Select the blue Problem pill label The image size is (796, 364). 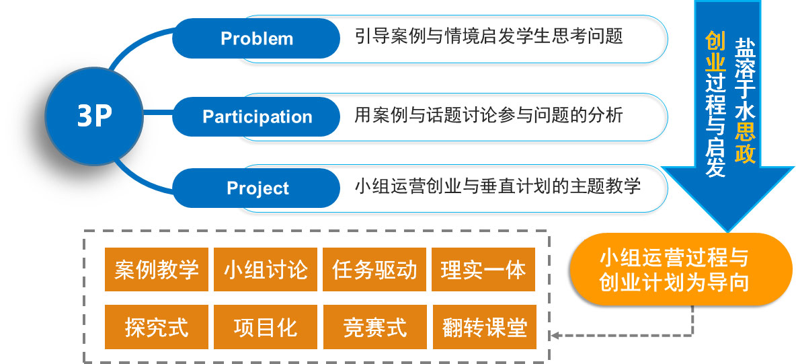click(x=256, y=38)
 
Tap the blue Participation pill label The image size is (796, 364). click(x=257, y=116)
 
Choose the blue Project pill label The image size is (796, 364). click(x=257, y=188)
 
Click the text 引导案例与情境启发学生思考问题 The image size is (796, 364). click(x=489, y=36)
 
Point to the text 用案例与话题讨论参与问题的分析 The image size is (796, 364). click(x=489, y=115)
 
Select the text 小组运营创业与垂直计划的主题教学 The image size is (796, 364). click(x=497, y=185)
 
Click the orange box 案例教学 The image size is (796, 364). click(x=157, y=270)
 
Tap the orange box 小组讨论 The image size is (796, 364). click(x=266, y=270)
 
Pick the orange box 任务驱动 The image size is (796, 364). click(x=374, y=270)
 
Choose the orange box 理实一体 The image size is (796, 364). click(x=483, y=270)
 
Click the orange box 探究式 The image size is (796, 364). click(x=157, y=328)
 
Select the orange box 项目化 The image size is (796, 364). click(x=266, y=328)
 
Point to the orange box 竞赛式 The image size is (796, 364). click(x=374, y=328)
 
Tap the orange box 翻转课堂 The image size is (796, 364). click(x=483, y=328)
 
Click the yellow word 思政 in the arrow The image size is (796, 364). click(x=745, y=143)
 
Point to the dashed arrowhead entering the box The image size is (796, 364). click(x=556, y=334)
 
